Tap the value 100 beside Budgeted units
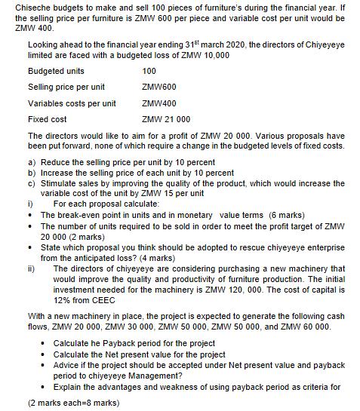tap(149, 71)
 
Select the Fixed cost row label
tap(47, 119)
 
